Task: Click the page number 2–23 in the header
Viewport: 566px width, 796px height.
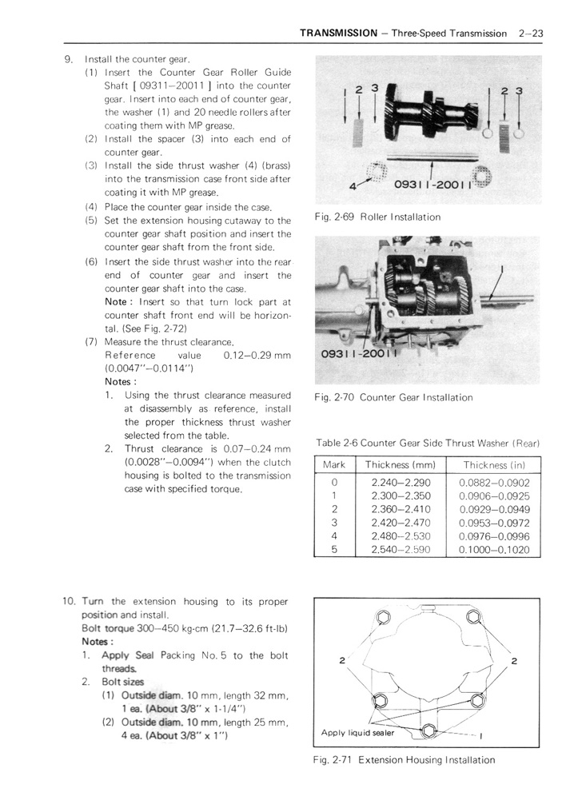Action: [531, 34]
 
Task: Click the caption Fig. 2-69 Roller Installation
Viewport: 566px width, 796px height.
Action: [377, 217]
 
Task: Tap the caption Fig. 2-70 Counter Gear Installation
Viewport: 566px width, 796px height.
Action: [393, 397]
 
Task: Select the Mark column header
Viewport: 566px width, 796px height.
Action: [334, 465]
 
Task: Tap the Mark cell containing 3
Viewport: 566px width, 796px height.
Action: [334, 523]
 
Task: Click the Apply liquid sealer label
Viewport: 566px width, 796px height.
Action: [357, 732]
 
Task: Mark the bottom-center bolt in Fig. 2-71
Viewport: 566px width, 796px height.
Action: [428, 730]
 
